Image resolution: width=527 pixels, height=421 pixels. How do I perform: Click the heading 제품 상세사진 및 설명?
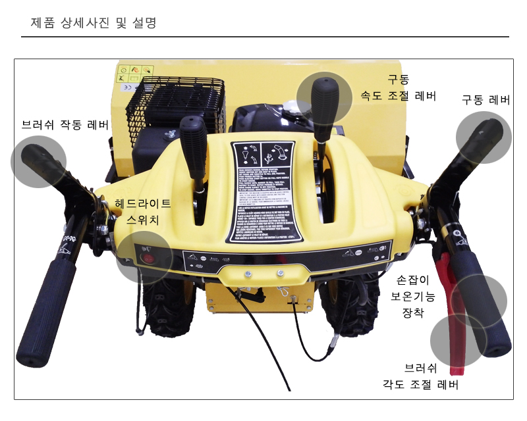[x=93, y=23]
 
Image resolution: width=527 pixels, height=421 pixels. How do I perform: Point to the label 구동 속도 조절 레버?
[x=398, y=87]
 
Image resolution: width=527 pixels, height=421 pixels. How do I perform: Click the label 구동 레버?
[x=485, y=100]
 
